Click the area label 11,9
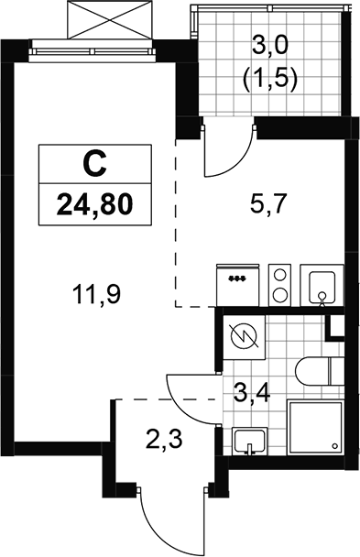click(x=96, y=295)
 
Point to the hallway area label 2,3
click(x=164, y=440)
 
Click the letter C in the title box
click(x=94, y=164)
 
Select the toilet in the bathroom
click(x=319, y=371)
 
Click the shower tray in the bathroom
click(x=315, y=427)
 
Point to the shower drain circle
click(x=334, y=446)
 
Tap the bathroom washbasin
click(x=250, y=441)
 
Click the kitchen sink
click(x=322, y=285)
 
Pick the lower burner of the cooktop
click(x=279, y=294)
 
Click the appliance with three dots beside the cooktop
click(x=237, y=285)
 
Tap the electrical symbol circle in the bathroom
click(x=245, y=338)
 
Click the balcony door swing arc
click(x=234, y=159)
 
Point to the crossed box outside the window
click(x=110, y=19)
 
